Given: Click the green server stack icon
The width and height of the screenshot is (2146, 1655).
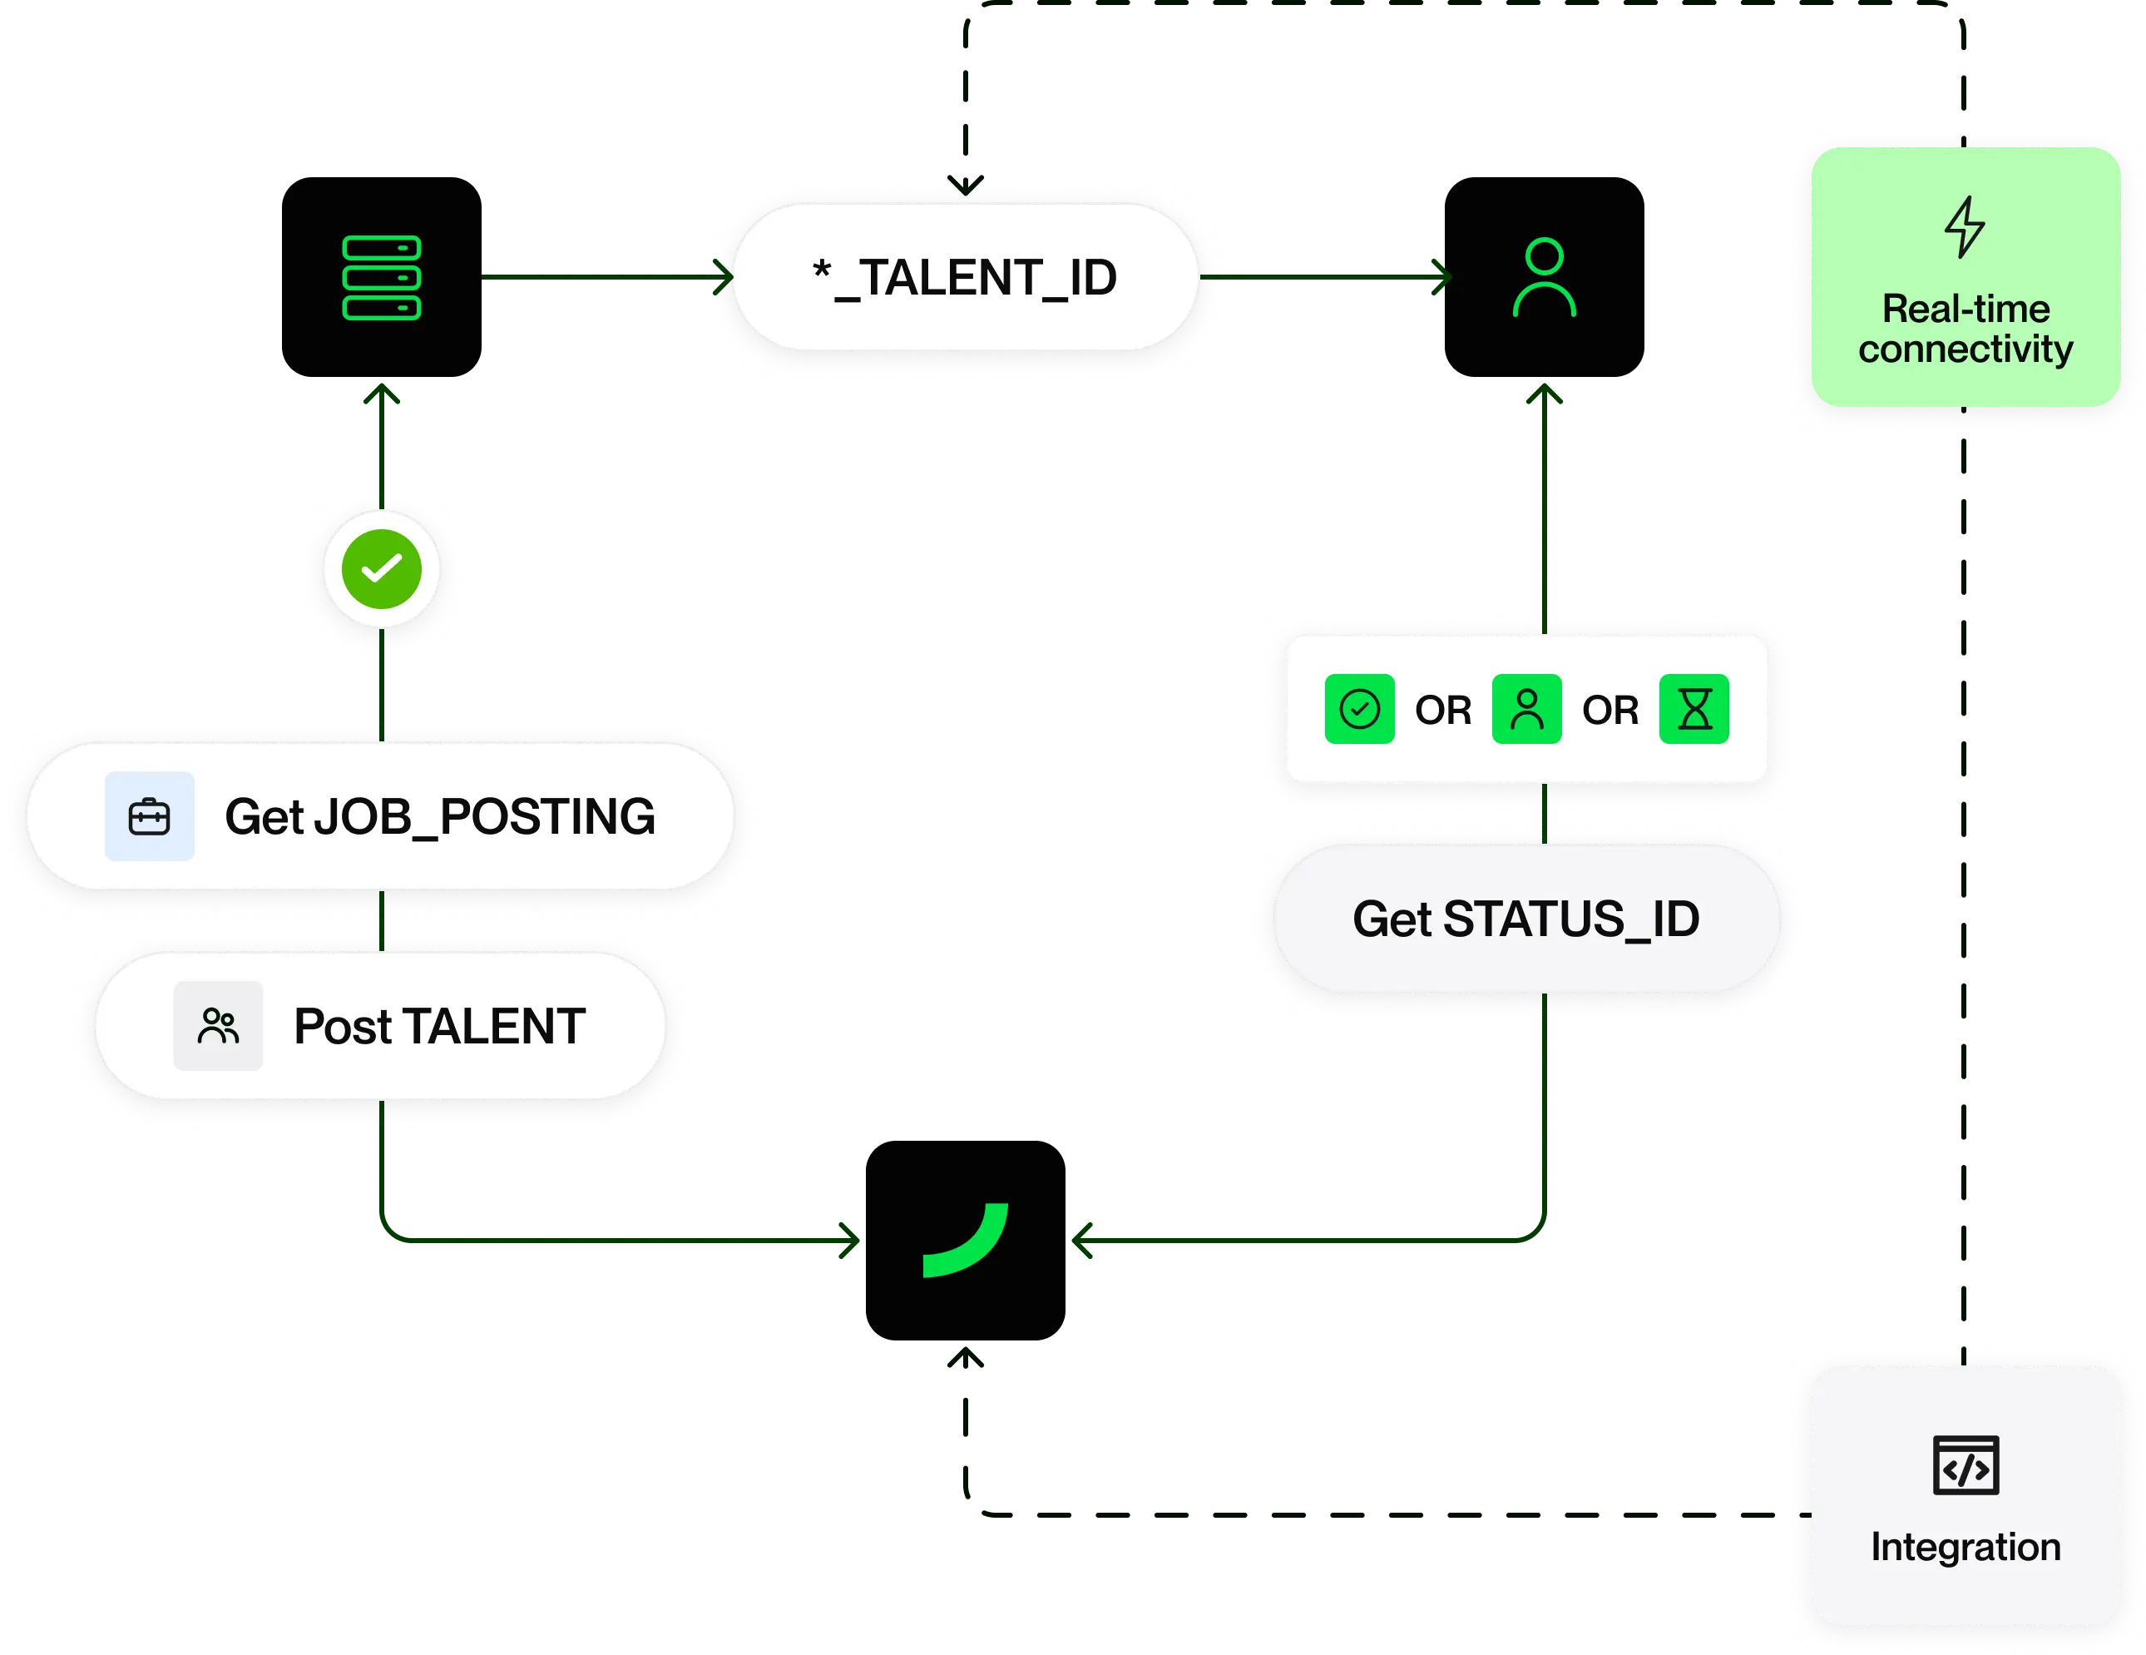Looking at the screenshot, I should [x=381, y=277].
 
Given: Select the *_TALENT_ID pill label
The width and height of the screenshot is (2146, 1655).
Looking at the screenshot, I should [x=965, y=277].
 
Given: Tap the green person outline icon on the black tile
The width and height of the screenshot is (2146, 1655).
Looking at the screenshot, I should [x=1544, y=277].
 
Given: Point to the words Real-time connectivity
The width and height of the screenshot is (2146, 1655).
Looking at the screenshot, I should [x=1966, y=330].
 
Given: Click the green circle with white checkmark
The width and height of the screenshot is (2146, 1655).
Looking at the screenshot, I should [x=381, y=569].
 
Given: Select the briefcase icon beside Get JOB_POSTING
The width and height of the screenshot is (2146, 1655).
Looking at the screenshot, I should [x=150, y=817].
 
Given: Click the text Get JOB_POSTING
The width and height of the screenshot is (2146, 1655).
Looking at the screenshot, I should [x=439, y=817].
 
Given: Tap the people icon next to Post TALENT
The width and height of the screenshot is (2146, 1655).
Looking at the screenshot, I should [x=218, y=1026].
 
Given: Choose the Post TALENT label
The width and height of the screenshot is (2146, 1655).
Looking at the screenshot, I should [x=439, y=1026].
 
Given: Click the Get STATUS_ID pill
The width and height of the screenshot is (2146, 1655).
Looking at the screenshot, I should [x=1526, y=919].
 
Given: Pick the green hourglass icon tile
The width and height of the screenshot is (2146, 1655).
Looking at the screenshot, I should [x=1694, y=709].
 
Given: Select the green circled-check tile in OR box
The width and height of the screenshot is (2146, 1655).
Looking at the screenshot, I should [x=1359, y=709].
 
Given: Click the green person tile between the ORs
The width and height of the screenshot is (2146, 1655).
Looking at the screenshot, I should [x=1526, y=709].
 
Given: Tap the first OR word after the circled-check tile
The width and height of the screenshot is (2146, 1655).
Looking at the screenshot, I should [x=1442, y=710].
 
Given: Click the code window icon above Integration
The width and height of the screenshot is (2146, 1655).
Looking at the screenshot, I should [x=1966, y=1465].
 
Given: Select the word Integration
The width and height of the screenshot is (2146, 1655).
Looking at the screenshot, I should [x=1966, y=1547].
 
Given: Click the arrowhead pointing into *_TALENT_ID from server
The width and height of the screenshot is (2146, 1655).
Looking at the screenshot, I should [x=722, y=276].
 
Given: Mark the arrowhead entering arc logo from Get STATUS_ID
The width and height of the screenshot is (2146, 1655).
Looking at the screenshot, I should [x=1083, y=1241].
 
